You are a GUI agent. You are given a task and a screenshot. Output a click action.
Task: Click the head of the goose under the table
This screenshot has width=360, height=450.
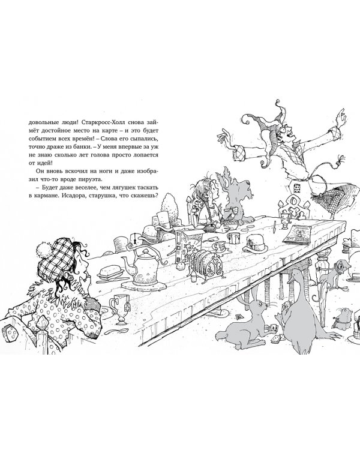point(294,277)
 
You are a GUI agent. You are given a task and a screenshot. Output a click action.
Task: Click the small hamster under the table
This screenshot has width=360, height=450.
point(343,317)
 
